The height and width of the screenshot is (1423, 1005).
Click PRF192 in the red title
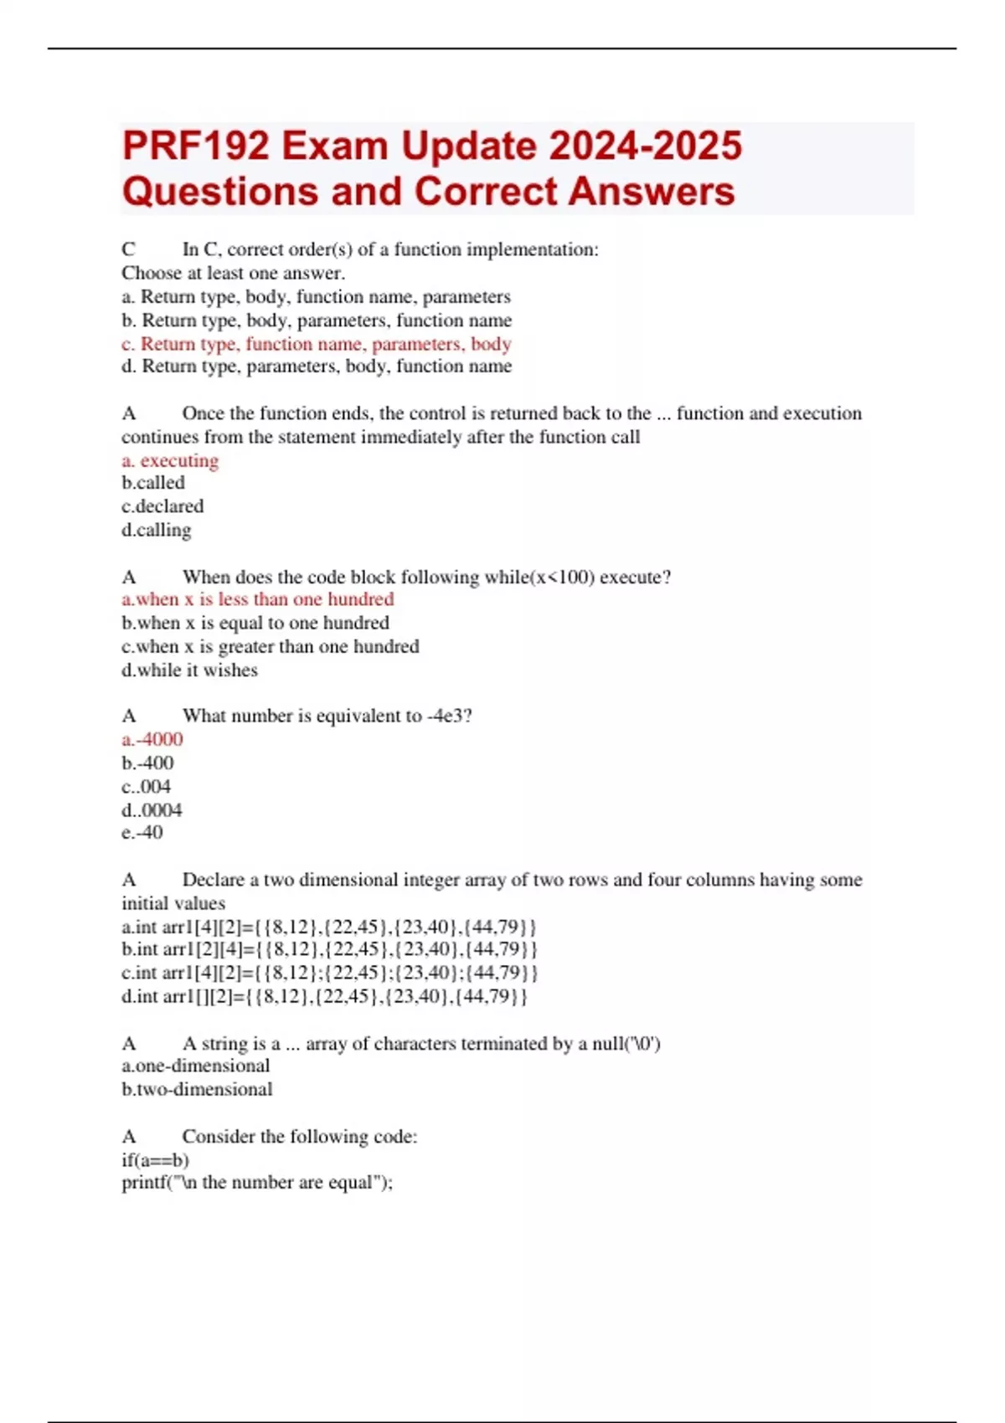(196, 146)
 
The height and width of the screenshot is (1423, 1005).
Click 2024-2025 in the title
(646, 146)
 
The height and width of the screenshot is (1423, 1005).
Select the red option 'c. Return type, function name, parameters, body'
(317, 344)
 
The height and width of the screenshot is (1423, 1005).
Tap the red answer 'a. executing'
(170, 460)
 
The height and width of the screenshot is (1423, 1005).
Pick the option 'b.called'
(153, 483)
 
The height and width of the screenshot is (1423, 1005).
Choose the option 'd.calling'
(157, 530)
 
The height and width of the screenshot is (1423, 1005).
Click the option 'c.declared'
(162, 506)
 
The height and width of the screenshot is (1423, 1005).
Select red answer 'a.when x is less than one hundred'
(258, 599)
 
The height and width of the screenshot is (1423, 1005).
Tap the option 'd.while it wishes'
(190, 670)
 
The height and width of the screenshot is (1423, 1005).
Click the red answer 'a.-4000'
(152, 739)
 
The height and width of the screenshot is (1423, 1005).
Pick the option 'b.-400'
(148, 763)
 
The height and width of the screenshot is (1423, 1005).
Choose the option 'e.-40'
(142, 832)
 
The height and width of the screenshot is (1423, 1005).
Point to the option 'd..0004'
(152, 809)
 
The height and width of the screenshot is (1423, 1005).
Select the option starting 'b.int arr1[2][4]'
(329, 949)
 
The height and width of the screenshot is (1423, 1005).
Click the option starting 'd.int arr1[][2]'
(325, 996)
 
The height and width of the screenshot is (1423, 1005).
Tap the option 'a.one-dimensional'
(196, 1066)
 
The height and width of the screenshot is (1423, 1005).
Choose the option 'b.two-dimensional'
(197, 1089)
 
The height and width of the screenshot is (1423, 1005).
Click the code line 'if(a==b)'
(156, 1160)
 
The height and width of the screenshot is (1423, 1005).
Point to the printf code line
(257, 1183)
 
